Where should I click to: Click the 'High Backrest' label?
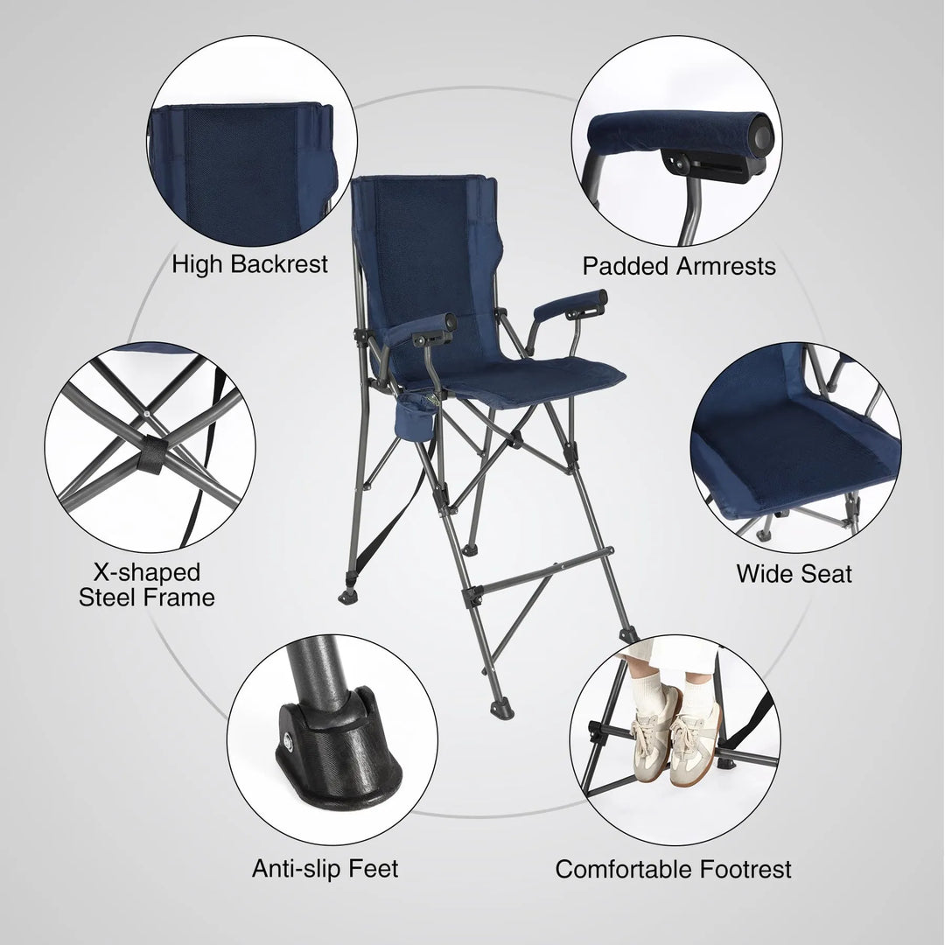tap(249, 263)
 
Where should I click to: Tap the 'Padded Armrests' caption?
tap(679, 266)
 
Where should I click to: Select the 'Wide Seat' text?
tap(794, 574)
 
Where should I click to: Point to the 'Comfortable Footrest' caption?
tap(673, 870)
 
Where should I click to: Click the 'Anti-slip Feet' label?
tap(325, 868)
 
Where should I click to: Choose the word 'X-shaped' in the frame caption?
tap(147, 572)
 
